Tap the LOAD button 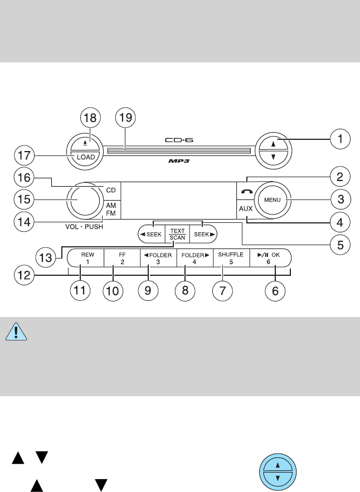(85, 157)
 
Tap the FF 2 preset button (122, 257)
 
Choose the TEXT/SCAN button (177, 234)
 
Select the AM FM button (111, 208)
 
